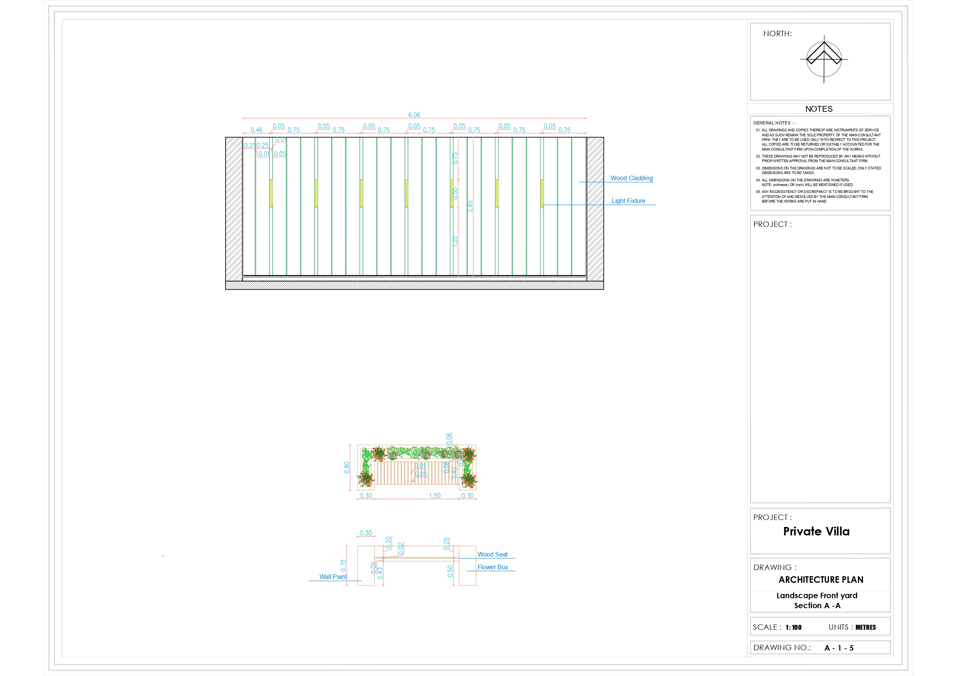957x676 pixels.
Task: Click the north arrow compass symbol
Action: (824, 59)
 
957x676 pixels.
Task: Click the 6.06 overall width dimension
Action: (414, 115)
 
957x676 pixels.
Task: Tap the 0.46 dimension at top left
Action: (256, 130)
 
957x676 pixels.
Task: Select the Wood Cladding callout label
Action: (632, 178)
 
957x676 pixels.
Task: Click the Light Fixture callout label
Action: (628, 201)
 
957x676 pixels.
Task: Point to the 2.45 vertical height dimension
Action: (470, 206)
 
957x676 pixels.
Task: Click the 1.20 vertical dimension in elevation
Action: (455, 241)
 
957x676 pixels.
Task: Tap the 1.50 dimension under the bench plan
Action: (434, 496)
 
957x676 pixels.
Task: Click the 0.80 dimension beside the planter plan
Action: (347, 467)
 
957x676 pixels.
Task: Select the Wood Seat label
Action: (492, 554)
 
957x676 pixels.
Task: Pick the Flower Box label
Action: (493, 567)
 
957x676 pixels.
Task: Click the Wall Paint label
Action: (333, 577)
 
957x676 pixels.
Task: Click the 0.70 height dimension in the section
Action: (343, 565)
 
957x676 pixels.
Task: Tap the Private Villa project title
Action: (816, 532)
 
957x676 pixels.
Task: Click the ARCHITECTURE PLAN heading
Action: (820, 580)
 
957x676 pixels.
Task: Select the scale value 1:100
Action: (793, 627)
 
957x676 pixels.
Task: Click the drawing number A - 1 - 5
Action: (839, 648)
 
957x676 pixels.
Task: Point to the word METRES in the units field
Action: (865, 627)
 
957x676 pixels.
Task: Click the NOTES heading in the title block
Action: (819, 109)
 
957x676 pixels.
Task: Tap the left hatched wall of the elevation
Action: (234, 208)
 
